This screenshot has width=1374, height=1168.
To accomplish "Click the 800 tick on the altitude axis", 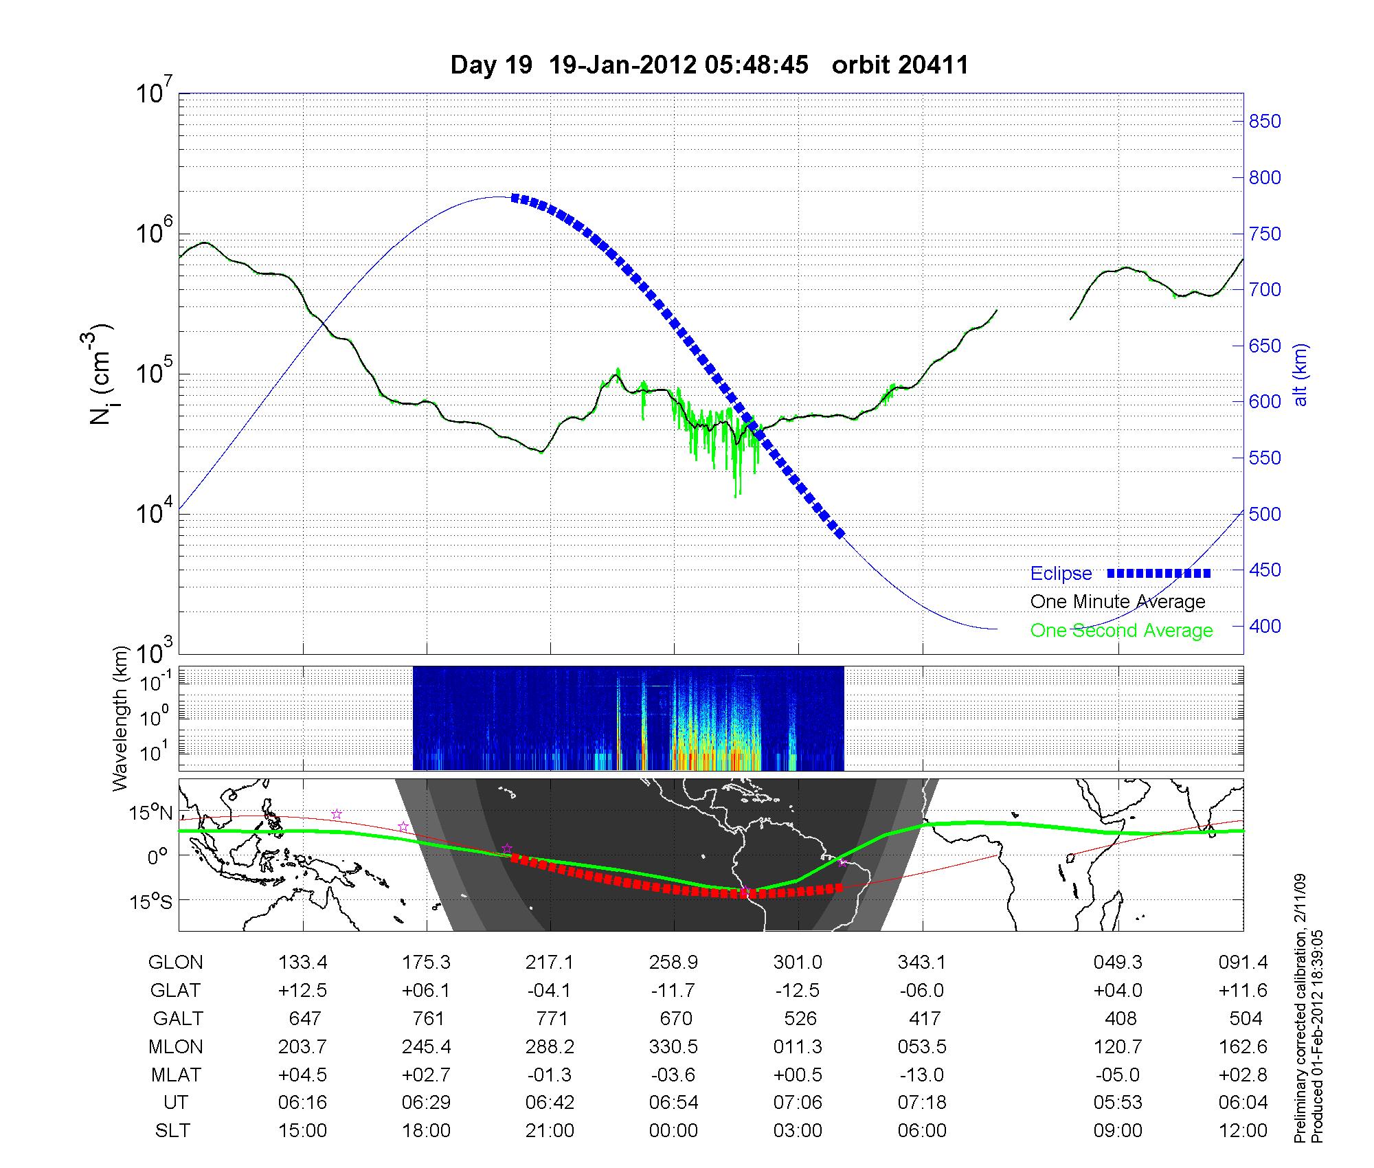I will coord(1264,178).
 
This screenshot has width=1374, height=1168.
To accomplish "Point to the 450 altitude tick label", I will coord(1264,570).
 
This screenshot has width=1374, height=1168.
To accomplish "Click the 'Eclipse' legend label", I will coord(1061,574).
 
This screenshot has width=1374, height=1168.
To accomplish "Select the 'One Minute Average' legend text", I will coord(1118,602).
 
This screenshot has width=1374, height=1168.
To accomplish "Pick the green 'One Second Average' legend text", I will coord(1121,631).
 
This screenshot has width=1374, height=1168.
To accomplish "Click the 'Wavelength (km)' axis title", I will coord(122,718).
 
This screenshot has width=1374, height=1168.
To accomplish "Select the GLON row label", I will coord(176,963).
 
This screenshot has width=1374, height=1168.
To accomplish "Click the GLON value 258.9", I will coord(673,963).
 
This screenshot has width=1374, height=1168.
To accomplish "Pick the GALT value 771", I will coord(550,1018).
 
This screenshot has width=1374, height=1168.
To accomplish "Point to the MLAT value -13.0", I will coord(921,1075).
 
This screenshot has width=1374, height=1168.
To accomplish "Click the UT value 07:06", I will coord(798,1103).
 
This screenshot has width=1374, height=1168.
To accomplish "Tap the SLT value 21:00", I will coord(550,1131).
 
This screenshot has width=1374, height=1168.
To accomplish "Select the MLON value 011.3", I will coord(798,1046).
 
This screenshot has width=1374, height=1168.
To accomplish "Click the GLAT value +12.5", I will coord(303,991).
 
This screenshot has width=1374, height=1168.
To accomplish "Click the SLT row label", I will coord(172,1131).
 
